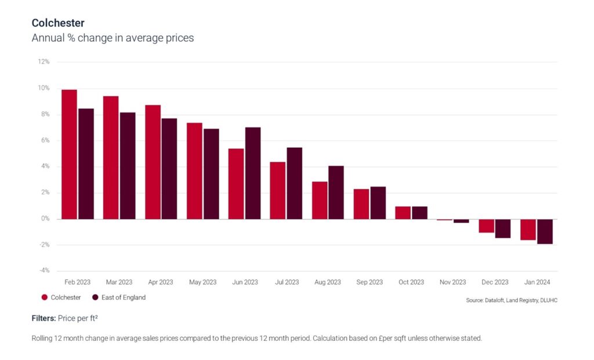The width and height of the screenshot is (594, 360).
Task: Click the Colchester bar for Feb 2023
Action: click(69, 154)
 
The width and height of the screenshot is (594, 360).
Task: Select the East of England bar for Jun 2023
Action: click(253, 173)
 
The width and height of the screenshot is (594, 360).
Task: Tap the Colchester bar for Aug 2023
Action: click(320, 200)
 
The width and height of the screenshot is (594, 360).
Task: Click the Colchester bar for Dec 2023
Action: click(486, 226)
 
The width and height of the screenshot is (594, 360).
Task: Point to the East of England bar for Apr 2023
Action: click(169, 169)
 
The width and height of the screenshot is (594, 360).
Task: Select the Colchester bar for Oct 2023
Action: click(403, 213)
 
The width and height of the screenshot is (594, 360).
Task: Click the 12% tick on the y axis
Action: click(44, 62)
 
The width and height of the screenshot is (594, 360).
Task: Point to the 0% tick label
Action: click(45, 219)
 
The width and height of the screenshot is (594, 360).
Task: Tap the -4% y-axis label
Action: click(44, 271)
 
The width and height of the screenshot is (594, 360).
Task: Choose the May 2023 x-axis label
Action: click(202, 282)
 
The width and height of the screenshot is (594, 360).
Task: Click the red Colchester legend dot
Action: click(44, 297)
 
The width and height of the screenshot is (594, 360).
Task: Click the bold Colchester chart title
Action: click(58, 23)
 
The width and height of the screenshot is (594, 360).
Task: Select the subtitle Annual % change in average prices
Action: click(113, 38)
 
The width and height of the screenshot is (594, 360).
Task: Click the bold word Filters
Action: click(44, 318)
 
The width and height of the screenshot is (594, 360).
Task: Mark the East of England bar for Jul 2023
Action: click(295, 183)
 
